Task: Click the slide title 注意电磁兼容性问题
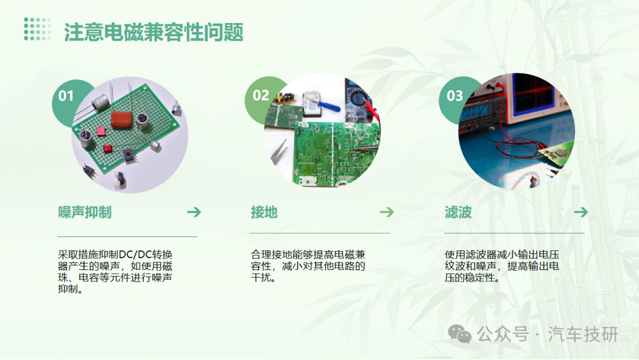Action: pos(154,32)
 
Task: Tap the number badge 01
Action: pos(66,96)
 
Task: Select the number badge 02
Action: pos(261,95)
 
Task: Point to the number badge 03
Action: pos(455,96)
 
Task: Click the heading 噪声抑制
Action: pos(85,213)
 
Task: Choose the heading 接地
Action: pos(264,213)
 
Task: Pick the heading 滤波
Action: pos(458,213)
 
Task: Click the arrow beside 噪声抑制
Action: pos(194,212)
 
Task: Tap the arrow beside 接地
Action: pos(387,212)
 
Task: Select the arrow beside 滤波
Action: pos(581,212)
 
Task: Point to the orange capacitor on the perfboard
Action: pos(122,120)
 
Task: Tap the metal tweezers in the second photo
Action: pos(279,152)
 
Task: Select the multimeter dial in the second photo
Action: pos(358,99)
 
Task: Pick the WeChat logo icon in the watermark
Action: pos(459,335)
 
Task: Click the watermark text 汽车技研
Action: pos(583,335)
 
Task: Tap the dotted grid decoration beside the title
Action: pos(37,30)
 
